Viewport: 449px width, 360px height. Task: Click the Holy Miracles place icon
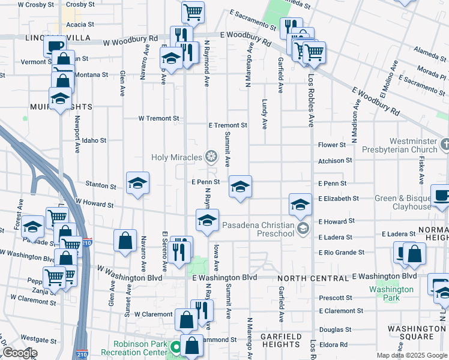(x=211, y=157)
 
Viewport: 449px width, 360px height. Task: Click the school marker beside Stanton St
(x=137, y=184)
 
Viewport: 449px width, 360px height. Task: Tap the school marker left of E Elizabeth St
(x=300, y=205)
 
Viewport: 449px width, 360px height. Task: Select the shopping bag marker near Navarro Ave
(x=125, y=241)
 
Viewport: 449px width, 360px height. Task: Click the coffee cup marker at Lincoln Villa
(x=55, y=46)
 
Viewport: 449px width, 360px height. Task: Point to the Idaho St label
(x=94, y=140)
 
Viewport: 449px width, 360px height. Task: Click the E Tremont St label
(x=228, y=125)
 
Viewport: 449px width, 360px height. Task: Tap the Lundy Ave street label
(x=264, y=115)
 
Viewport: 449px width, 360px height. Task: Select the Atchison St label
(x=335, y=161)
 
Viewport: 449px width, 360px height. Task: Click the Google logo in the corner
(x=19, y=353)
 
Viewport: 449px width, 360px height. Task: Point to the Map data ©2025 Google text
(x=411, y=355)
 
